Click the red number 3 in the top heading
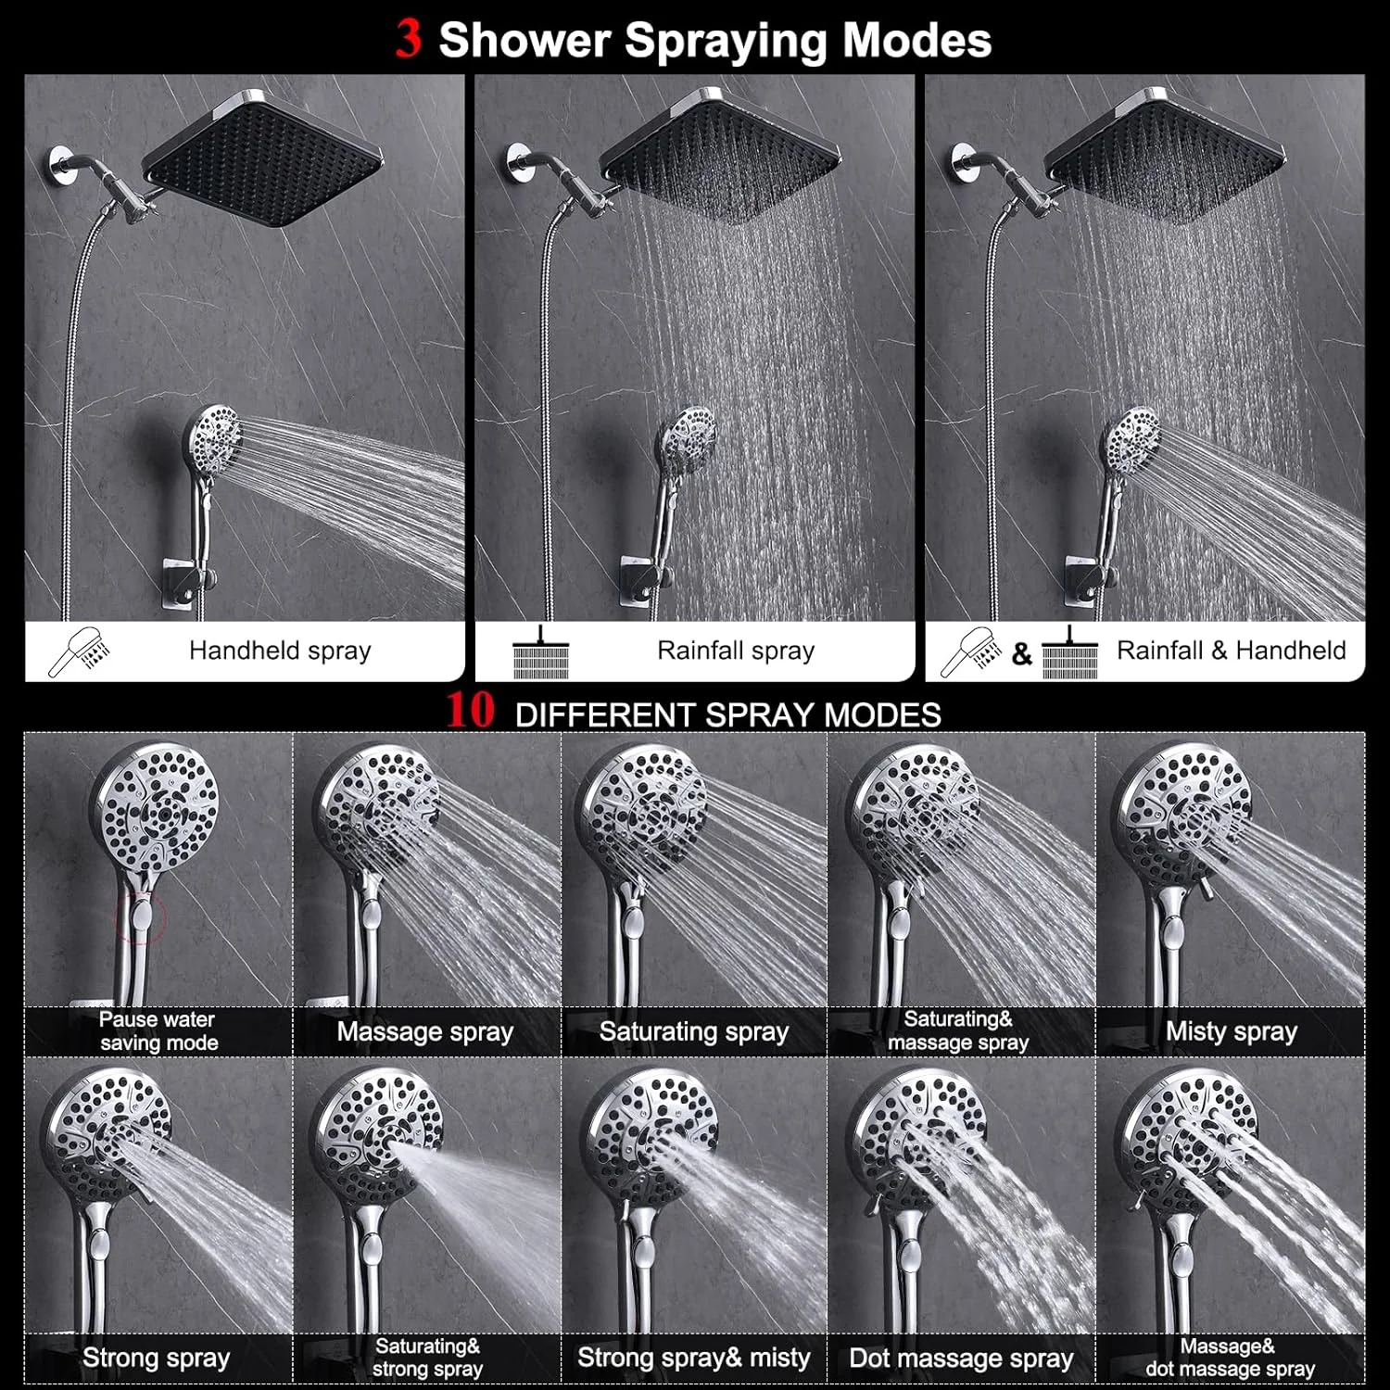pos(409,39)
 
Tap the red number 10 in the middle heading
pos(471,712)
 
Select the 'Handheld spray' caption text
pos(280,651)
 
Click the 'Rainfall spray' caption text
pos(736,651)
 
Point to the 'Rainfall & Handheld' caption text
pos(1231,651)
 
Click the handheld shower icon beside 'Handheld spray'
pos(80,652)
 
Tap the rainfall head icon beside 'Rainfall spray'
pos(540,653)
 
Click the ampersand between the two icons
pos(1021,654)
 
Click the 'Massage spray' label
pos(425,1031)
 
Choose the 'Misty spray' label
pos(1232,1031)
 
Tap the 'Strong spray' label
pos(156,1358)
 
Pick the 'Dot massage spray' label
pos(961,1358)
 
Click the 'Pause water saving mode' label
pos(158,1030)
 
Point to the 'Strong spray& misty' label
pos(693,1358)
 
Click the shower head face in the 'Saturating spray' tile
pos(640,805)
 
